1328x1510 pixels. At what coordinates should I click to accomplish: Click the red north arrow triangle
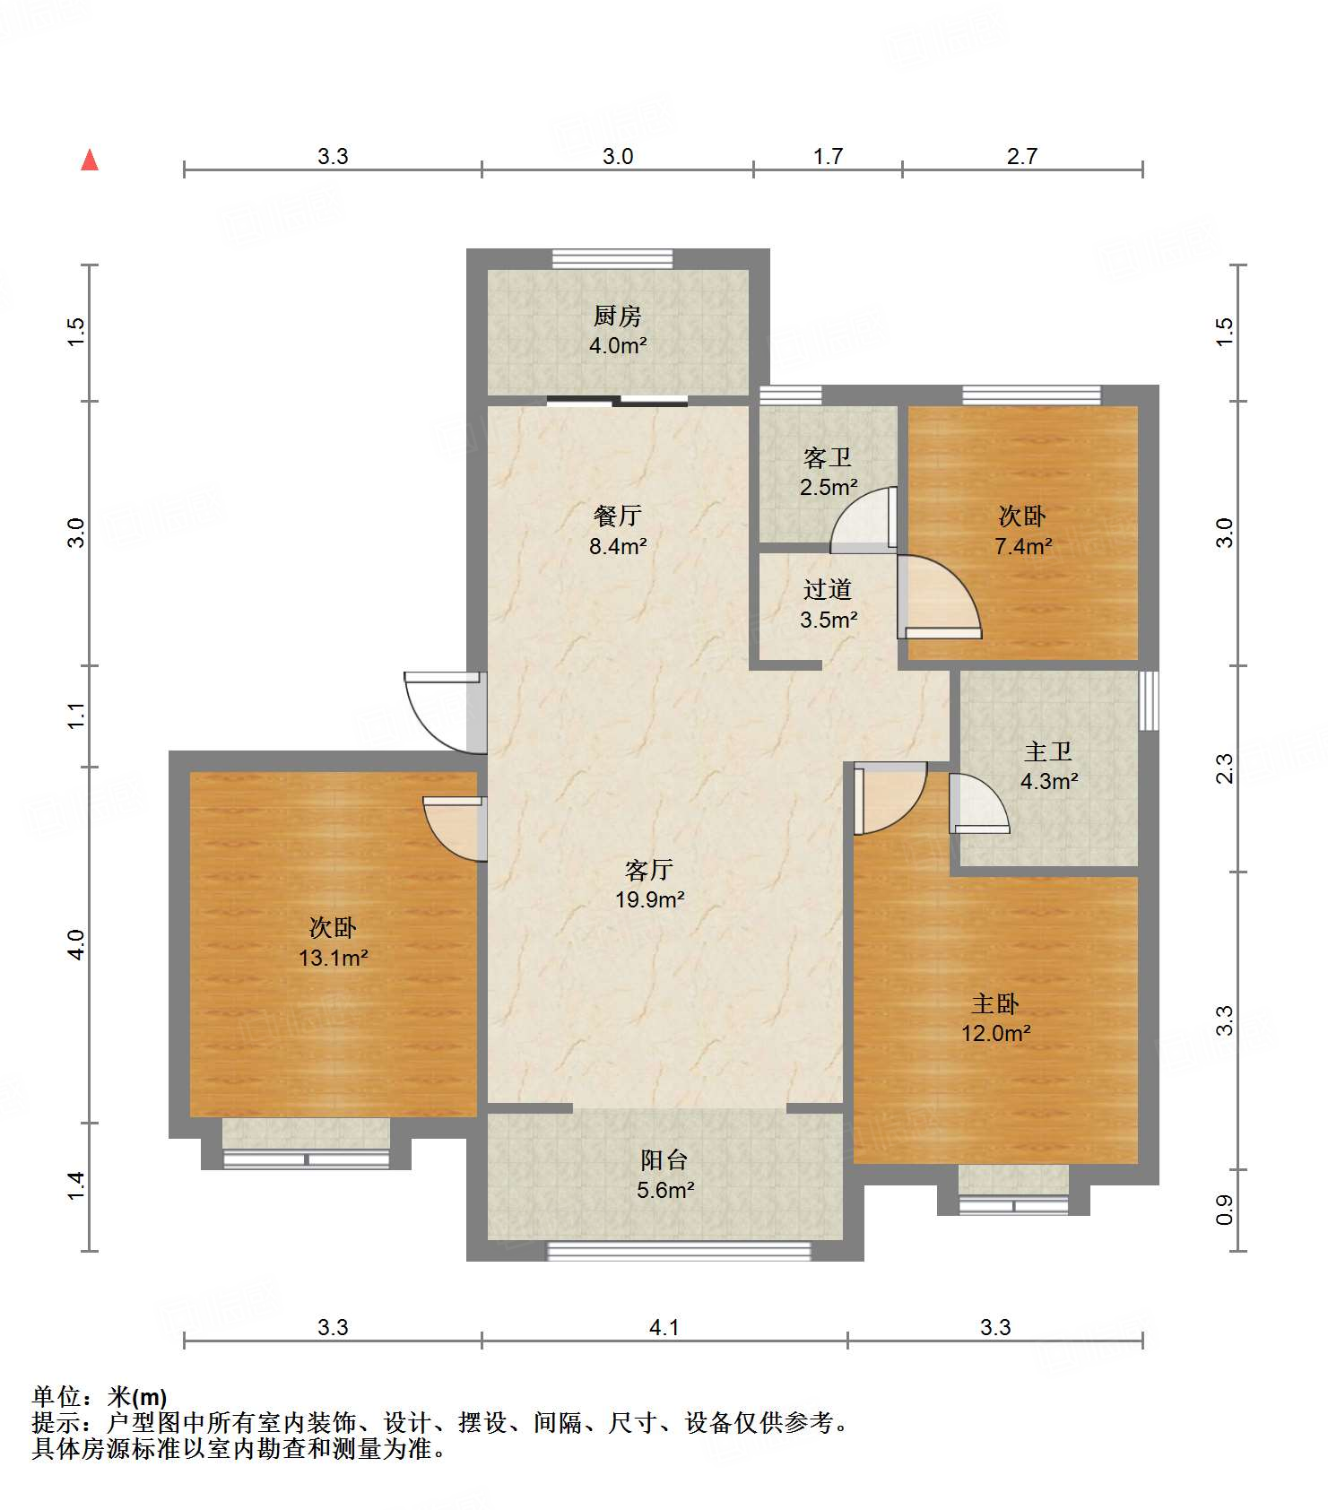(90, 160)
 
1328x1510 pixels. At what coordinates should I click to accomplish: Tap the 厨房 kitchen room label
(618, 317)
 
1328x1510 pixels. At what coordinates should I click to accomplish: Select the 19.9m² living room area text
(650, 899)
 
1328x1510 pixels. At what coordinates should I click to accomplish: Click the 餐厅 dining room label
(618, 516)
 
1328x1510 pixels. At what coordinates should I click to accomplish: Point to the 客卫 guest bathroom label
(828, 458)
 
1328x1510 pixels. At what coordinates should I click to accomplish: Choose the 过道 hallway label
(828, 590)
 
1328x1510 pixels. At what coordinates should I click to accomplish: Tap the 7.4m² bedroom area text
(1023, 546)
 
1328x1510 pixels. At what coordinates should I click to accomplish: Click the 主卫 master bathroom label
(1048, 751)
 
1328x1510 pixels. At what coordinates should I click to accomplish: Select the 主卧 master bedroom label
(995, 1003)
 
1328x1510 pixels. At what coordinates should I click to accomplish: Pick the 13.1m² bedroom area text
(334, 958)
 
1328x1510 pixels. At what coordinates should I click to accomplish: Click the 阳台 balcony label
(664, 1160)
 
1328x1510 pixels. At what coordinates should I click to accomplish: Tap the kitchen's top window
(612, 259)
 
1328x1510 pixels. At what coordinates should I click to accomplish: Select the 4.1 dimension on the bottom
(664, 1327)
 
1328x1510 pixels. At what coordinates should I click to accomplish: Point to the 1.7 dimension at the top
(828, 156)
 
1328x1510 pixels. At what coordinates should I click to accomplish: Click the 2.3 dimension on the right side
(1225, 768)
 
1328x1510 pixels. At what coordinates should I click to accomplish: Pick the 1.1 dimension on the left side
(77, 716)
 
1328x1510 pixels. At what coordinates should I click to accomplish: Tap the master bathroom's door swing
(979, 803)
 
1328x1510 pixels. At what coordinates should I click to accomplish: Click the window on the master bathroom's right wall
(1149, 700)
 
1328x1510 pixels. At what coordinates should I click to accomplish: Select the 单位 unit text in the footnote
(56, 1397)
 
